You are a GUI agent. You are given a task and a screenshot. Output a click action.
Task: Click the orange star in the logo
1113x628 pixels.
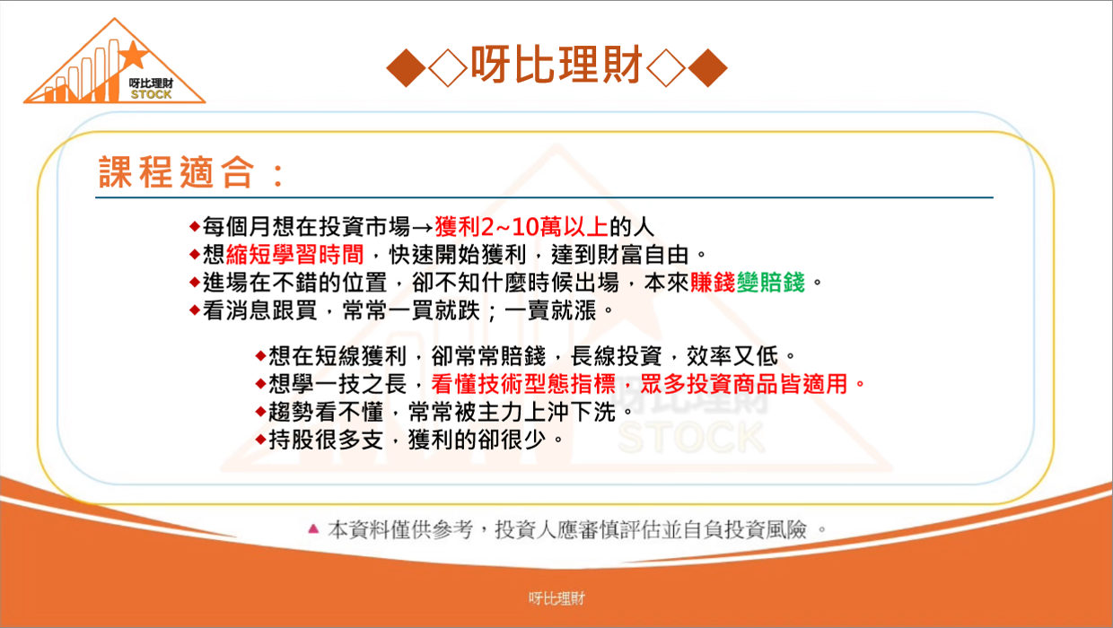point(132,55)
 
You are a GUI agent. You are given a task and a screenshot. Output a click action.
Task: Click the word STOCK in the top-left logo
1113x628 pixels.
point(151,94)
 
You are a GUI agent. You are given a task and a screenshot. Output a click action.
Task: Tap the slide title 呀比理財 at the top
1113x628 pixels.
point(556,65)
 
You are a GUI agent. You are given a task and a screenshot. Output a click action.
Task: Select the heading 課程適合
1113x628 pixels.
point(177,171)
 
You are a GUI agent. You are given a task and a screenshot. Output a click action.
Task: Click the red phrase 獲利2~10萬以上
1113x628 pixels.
point(521,227)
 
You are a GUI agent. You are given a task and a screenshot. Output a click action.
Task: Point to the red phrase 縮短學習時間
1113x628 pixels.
point(295,255)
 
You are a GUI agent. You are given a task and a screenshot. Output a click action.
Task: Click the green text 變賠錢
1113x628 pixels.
point(771,283)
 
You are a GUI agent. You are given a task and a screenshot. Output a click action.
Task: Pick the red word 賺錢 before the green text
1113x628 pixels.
point(713,283)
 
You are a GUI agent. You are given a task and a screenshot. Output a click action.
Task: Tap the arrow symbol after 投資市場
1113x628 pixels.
point(423,228)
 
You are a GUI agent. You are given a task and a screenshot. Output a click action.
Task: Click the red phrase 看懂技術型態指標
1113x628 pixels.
point(523,384)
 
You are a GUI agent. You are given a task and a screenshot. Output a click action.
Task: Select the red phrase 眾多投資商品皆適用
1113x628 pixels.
point(744,384)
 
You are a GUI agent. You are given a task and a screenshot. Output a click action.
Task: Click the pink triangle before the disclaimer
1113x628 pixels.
point(313,528)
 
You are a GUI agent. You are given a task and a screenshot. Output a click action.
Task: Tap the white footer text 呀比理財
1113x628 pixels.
point(556,598)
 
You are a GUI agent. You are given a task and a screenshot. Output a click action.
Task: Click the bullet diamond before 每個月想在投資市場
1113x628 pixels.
point(195,227)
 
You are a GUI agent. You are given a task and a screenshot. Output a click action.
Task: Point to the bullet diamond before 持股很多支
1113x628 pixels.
point(261,440)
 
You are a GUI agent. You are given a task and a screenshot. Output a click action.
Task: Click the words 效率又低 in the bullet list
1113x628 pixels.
point(732,356)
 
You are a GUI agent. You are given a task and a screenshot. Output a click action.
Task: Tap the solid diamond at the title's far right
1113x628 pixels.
point(707,68)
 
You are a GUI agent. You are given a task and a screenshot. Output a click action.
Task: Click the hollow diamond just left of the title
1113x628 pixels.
point(448,68)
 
